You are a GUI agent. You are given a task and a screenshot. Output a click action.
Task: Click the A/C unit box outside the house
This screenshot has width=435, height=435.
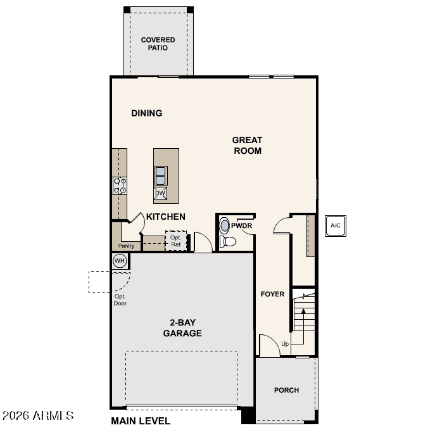(x=336, y=226)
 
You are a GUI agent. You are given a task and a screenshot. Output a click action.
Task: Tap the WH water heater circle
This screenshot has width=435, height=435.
(x=120, y=261)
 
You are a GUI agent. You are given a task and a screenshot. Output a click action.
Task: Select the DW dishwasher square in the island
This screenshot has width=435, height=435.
(x=160, y=193)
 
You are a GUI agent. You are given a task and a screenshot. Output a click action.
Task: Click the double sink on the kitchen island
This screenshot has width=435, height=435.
(x=161, y=176)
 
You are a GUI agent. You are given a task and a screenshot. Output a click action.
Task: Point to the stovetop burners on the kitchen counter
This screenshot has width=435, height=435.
(x=120, y=186)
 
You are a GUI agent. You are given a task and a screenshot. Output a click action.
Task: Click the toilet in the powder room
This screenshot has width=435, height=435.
(x=227, y=242)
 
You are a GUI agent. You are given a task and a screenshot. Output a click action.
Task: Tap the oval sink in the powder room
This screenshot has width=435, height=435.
(x=224, y=225)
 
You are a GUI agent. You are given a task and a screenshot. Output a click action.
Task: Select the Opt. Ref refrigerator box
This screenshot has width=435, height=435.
(x=176, y=241)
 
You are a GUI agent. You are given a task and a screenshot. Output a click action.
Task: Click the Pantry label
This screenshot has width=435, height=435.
(x=126, y=246)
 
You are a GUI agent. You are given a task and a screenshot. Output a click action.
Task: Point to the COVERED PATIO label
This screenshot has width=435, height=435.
(x=158, y=44)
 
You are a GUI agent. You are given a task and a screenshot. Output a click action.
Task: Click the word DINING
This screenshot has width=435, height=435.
(x=147, y=113)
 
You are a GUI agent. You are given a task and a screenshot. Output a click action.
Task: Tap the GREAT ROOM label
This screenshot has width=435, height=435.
(x=247, y=146)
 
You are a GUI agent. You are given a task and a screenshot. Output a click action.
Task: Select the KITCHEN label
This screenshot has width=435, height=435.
(x=166, y=217)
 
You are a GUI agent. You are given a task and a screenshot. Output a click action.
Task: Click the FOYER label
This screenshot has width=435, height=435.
(x=272, y=294)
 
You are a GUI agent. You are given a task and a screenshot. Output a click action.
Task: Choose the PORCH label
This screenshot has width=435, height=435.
(x=287, y=390)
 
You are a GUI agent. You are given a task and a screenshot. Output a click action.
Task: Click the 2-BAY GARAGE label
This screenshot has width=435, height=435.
(x=182, y=327)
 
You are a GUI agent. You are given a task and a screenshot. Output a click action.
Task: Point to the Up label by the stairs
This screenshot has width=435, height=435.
(x=285, y=344)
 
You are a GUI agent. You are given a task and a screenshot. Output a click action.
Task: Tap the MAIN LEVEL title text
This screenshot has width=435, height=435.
(x=141, y=421)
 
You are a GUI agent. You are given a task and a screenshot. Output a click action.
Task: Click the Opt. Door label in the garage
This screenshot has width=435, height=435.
(x=120, y=300)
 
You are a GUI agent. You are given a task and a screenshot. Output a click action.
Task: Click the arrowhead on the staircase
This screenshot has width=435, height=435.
(x=303, y=312)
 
